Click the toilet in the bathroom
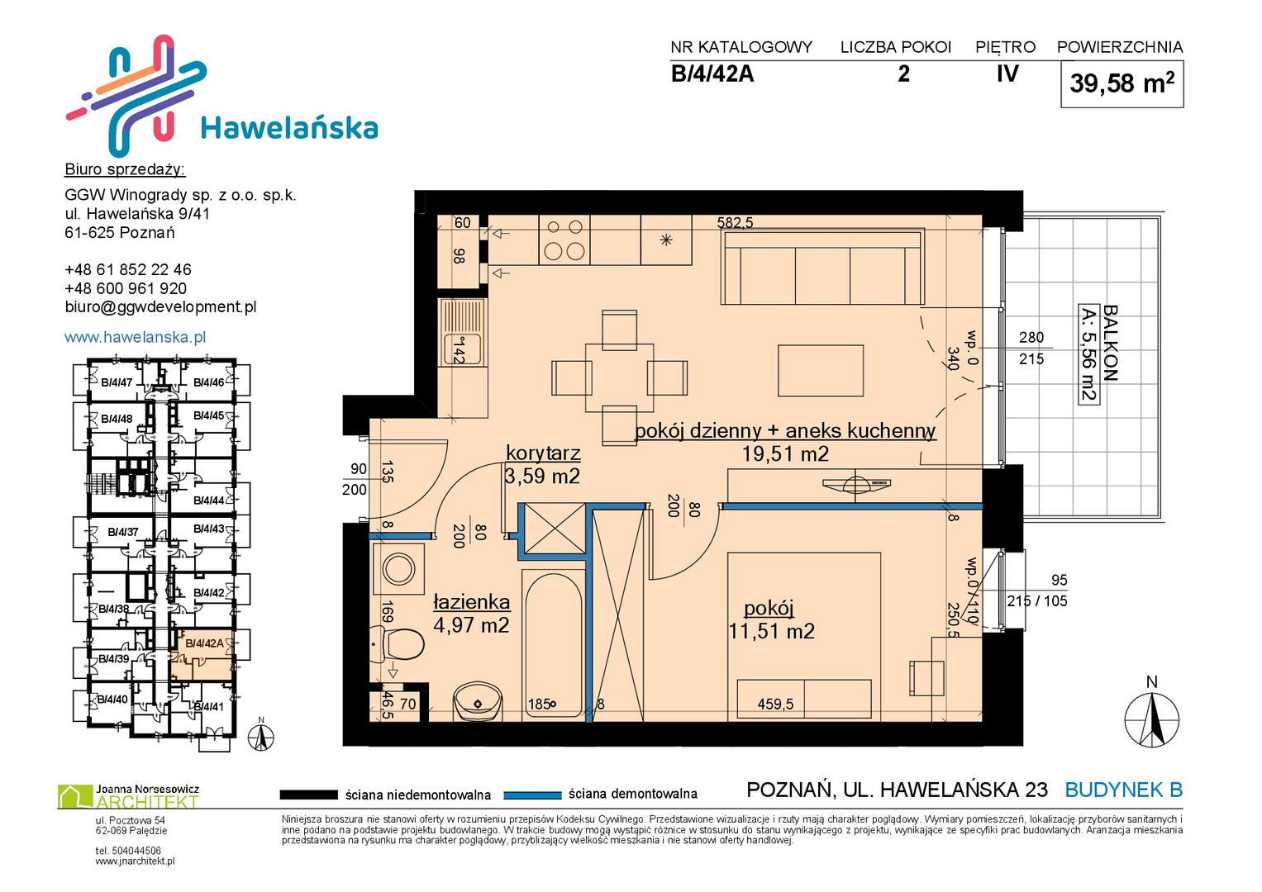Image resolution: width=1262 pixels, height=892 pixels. pyautogui.click(x=398, y=644)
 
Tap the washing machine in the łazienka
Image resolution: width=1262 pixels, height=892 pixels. pyautogui.click(x=398, y=569)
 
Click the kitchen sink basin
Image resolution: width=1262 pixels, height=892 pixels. pyautogui.click(x=463, y=349)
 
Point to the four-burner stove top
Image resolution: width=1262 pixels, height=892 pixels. pyautogui.click(x=564, y=240)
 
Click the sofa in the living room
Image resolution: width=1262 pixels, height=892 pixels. pyautogui.click(x=823, y=266)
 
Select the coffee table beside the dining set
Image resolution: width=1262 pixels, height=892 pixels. pyautogui.click(x=821, y=371)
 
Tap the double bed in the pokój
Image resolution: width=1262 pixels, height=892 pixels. pyautogui.click(x=804, y=636)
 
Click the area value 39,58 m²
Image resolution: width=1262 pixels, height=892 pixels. pyautogui.click(x=1122, y=83)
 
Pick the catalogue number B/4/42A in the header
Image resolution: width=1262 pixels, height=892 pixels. pyautogui.click(x=712, y=74)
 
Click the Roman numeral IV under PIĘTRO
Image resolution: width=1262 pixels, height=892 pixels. pyautogui.click(x=1007, y=74)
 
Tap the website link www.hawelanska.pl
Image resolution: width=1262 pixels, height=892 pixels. pyautogui.click(x=136, y=337)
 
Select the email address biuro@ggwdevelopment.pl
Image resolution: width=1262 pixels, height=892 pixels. pyautogui.click(x=160, y=307)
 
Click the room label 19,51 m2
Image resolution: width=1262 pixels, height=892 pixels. pyautogui.click(x=785, y=453)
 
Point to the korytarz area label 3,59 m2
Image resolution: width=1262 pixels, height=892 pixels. pyautogui.click(x=542, y=476)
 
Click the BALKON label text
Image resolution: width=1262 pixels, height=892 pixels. pyautogui.click(x=1109, y=343)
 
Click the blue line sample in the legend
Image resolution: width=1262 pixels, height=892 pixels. pyautogui.click(x=532, y=795)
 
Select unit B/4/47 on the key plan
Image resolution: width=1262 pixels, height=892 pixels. pyautogui.click(x=117, y=382)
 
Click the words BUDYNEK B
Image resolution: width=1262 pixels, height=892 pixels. pyautogui.click(x=1123, y=790)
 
